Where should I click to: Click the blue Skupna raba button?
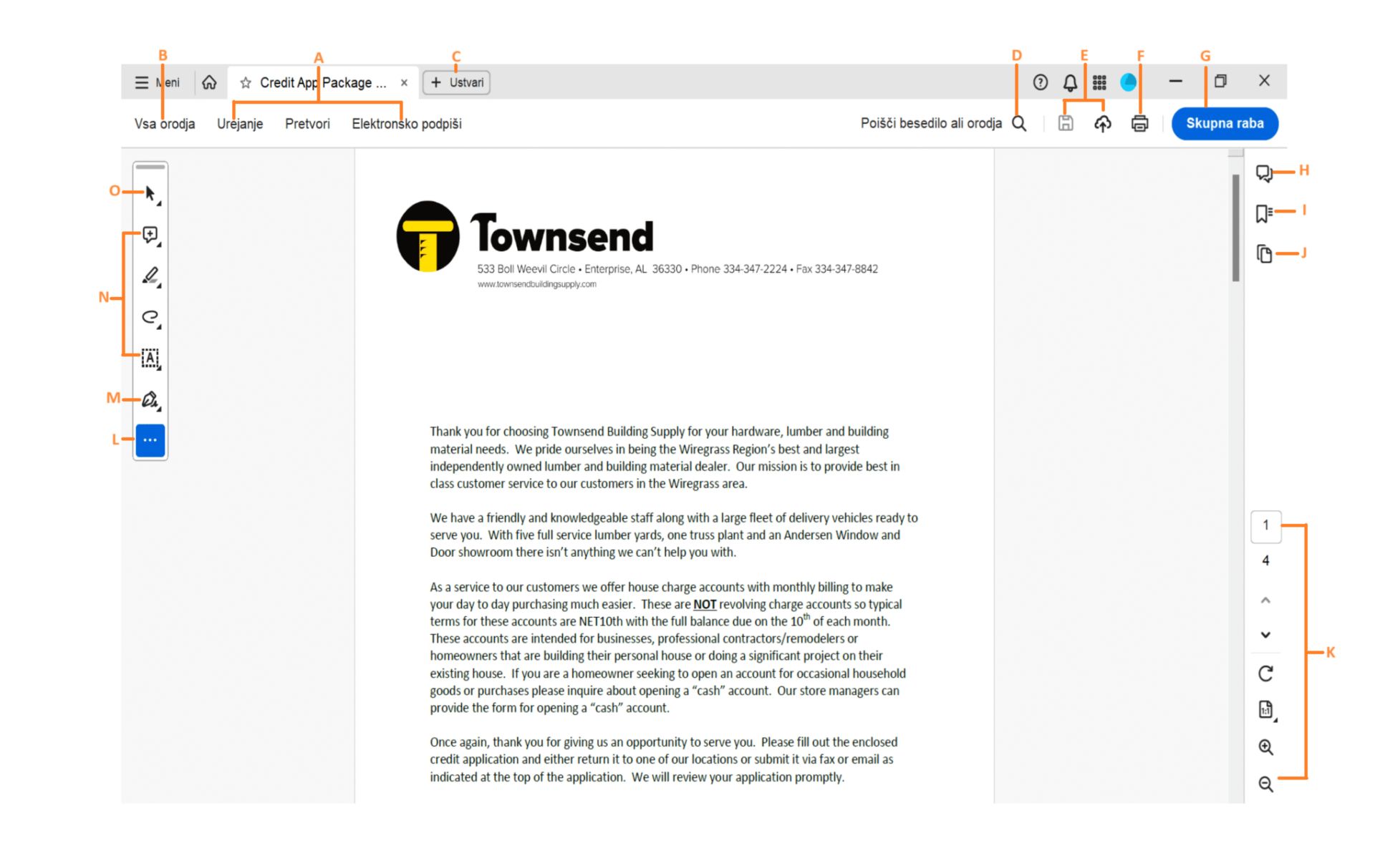1224,123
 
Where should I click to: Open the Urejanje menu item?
240,124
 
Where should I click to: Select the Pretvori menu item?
307,124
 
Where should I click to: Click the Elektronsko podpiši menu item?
406,124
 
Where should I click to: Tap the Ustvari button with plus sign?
457,82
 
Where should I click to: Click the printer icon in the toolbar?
1139,124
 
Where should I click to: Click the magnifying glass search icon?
1019,124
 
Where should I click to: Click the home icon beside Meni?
209,82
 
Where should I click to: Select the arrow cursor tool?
150,193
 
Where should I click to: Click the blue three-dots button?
150,439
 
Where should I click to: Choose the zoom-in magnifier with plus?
1265,747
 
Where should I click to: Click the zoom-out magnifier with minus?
1265,784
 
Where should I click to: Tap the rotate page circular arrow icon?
1265,673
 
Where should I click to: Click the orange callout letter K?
1330,652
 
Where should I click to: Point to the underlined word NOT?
704,604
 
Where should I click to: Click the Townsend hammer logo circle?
428,236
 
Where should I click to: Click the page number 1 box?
1265,525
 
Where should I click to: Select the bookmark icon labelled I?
1264,213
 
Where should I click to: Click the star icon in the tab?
246,83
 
